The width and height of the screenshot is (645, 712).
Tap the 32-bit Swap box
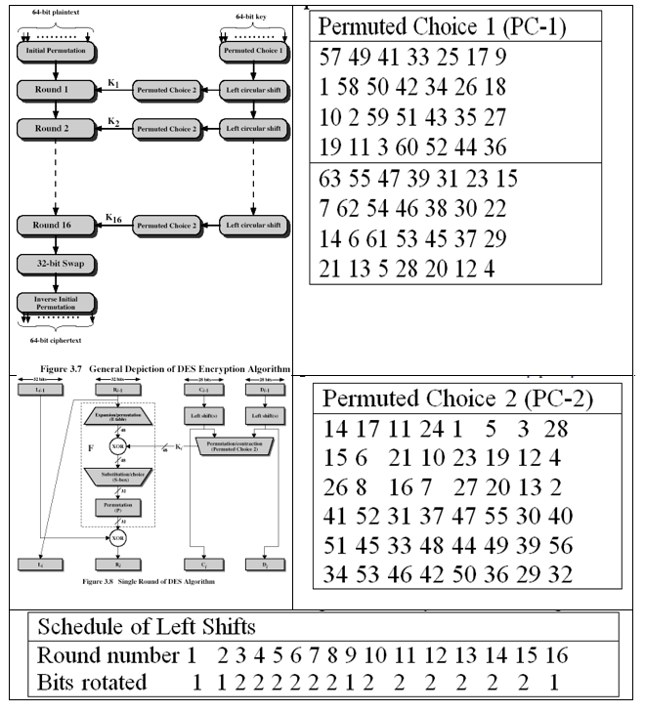[55, 264]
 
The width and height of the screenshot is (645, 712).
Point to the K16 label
[112, 215]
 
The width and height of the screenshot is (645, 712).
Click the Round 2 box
[55, 129]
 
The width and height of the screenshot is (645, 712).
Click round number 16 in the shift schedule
[557, 654]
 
